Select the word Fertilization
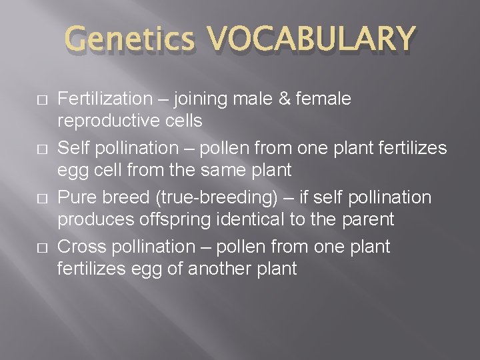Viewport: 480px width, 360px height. [105, 99]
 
